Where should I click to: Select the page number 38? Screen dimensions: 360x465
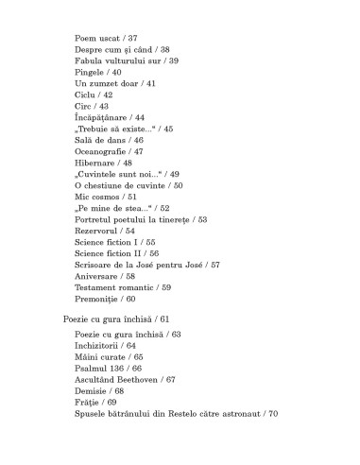tap(164, 49)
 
